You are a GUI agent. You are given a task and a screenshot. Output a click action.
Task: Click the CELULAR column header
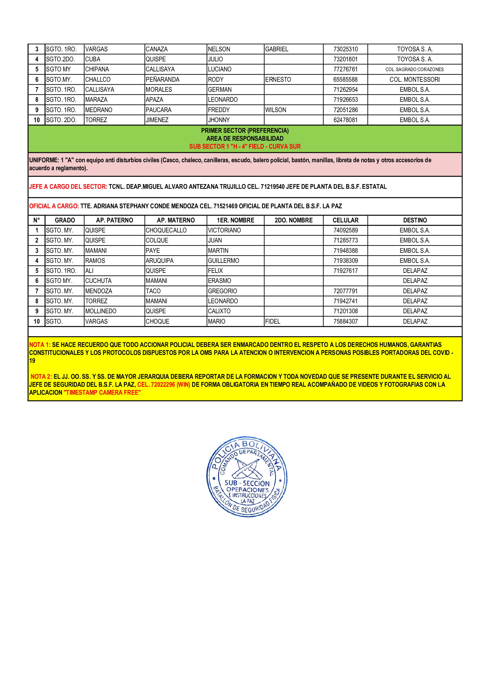tap(345, 220)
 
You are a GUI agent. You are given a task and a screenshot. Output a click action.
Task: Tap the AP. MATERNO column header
tap(176, 220)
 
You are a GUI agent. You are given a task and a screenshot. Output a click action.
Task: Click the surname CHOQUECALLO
tap(166, 230)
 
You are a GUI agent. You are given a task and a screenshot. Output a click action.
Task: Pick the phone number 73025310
tap(345, 49)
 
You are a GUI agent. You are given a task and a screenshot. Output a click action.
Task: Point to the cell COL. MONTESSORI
tap(414, 79)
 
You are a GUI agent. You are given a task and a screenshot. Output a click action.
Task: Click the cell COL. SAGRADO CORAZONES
tap(414, 69)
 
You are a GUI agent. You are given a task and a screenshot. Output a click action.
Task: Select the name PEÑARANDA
tap(162, 79)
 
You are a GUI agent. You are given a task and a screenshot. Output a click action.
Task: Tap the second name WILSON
tap(276, 110)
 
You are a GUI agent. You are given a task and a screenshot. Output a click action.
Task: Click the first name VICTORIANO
tap(224, 230)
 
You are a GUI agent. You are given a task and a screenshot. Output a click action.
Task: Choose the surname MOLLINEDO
tap(101, 311)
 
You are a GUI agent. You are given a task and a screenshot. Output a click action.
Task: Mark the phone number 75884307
tap(345, 321)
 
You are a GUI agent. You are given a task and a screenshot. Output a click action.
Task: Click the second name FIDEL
tap(273, 321)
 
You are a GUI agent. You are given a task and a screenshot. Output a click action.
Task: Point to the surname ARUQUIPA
tap(160, 260)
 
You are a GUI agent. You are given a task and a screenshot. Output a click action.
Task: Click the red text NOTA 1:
tap(40, 345)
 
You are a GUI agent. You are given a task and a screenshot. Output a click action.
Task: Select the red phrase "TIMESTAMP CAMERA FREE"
tap(102, 392)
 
